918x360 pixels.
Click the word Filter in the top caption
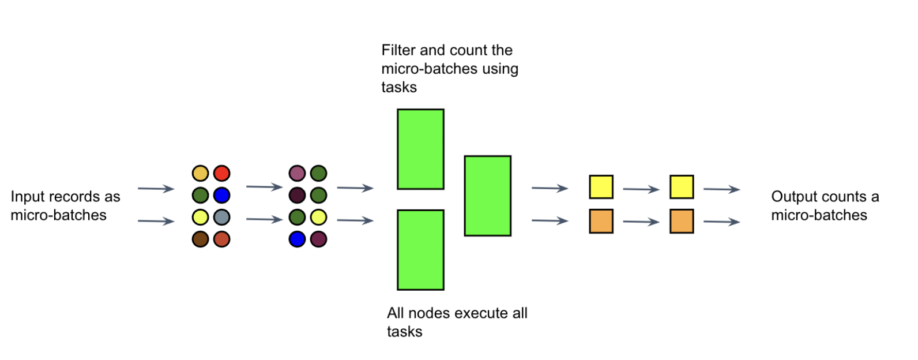(x=398, y=50)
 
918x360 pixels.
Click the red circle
(x=221, y=173)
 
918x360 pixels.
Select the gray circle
(x=221, y=217)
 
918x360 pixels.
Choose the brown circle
(x=200, y=239)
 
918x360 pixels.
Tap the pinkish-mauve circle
(x=297, y=173)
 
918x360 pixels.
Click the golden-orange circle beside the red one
(x=200, y=173)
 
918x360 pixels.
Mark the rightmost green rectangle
(x=488, y=196)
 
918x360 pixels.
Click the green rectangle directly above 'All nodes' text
(x=420, y=250)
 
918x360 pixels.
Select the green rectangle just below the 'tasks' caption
(x=420, y=149)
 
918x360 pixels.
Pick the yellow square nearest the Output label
(x=682, y=187)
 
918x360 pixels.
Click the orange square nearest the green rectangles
(x=601, y=222)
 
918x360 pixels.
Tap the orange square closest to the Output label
(x=682, y=222)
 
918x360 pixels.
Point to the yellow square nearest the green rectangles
(x=601, y=187)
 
